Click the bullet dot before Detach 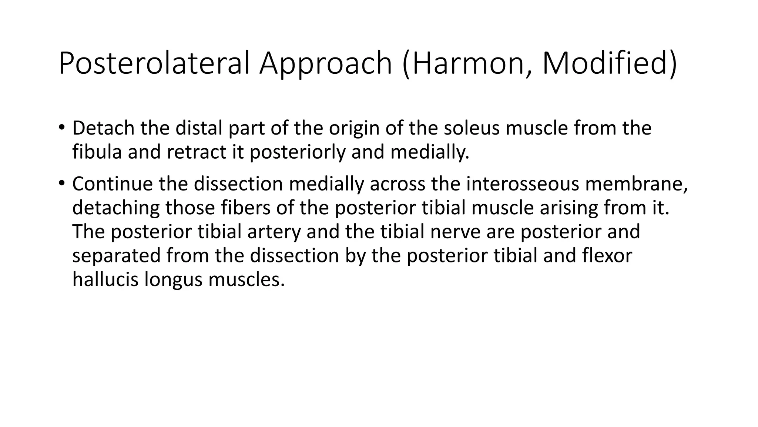pos(61,128)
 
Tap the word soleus pos(472,128)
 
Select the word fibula pos(97,152)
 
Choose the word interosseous pos(520,183)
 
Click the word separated pos(116,256)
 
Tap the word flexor pos(607,256)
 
